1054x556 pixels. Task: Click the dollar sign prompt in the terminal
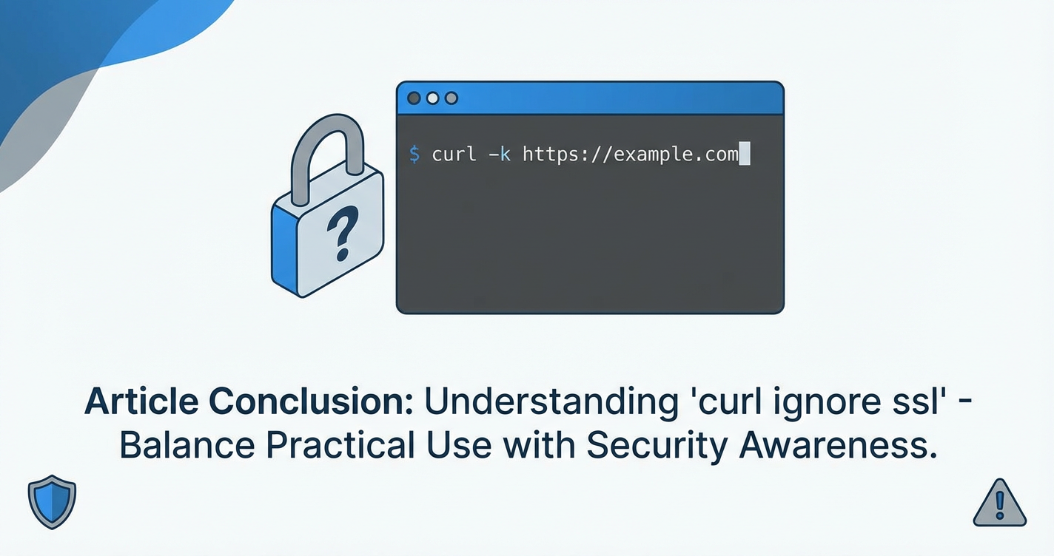[414, 155]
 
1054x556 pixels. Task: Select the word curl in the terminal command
[454, 155]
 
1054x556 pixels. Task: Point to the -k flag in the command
[500, 155]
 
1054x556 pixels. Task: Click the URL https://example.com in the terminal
[631, 155]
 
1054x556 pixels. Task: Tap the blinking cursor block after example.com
[745, 154]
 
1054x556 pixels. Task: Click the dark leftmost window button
[414, 98]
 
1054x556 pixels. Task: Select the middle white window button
[432, 98]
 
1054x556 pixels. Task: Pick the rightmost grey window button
[452, 98]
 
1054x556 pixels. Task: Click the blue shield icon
[52, 501]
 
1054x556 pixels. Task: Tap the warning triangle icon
[1000, 503]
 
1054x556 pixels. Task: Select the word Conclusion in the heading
[311, 401]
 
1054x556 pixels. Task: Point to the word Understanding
[551, 401]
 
